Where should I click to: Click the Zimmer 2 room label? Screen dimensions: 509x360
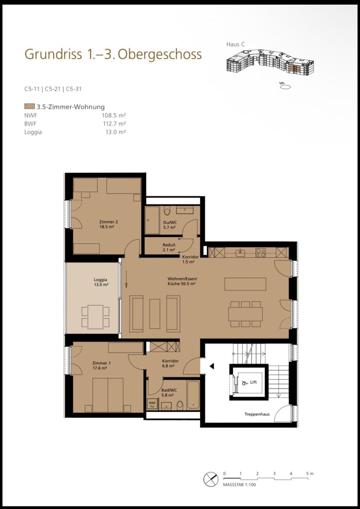[108, 224]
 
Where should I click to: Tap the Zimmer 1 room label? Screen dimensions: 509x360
[99, 365]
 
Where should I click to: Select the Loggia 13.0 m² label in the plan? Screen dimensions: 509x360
[100, 282]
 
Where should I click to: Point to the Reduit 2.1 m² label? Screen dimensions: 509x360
[169, 247]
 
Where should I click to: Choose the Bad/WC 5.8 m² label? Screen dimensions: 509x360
[169, 392]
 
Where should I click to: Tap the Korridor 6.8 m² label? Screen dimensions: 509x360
[170, 363]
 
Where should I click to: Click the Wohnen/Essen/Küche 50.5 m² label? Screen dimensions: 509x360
[182, 281]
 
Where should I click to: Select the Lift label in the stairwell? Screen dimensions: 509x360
[253, 382]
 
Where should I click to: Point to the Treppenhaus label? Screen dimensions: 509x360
[257, 414]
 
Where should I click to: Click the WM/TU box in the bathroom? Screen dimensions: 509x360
[152, 404]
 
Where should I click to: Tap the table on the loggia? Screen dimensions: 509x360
[95, 316]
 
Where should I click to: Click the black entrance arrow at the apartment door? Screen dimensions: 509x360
[212, 366]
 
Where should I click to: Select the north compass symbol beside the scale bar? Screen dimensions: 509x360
[211, 479]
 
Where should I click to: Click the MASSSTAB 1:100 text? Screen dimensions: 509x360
[239, 485]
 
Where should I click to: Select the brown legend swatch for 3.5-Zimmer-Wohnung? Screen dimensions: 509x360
[29, 107]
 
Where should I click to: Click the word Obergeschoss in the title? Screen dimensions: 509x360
[159, 54]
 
